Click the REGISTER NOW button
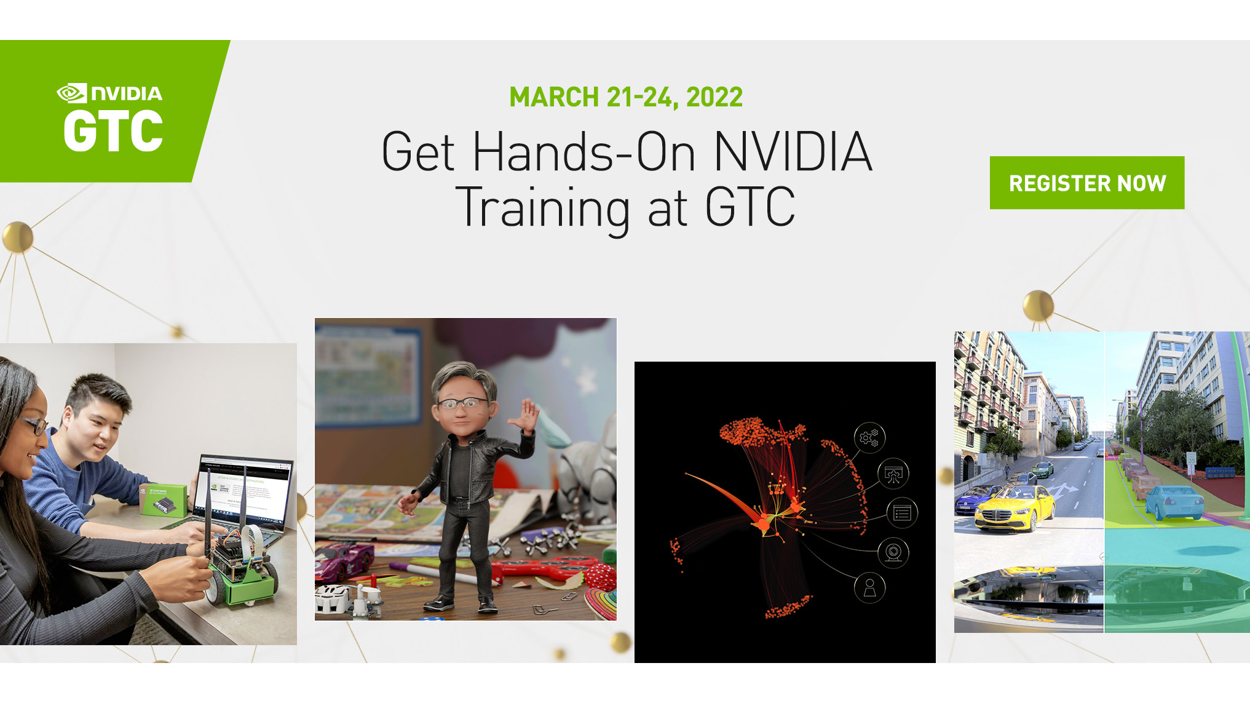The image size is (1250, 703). [1086, 183]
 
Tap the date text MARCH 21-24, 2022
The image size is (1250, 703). [626, 97]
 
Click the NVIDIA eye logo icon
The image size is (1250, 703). [72, 93]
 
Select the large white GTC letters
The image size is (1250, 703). [113, 130]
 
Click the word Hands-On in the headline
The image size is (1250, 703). [583, 152]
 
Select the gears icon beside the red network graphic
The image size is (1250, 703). [869, 438]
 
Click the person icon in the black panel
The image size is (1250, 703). [869, 587]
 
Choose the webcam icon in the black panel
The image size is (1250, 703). [893, 552]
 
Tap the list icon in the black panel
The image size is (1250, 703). [902, 512]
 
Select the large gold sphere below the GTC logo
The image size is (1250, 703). [18, 237]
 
